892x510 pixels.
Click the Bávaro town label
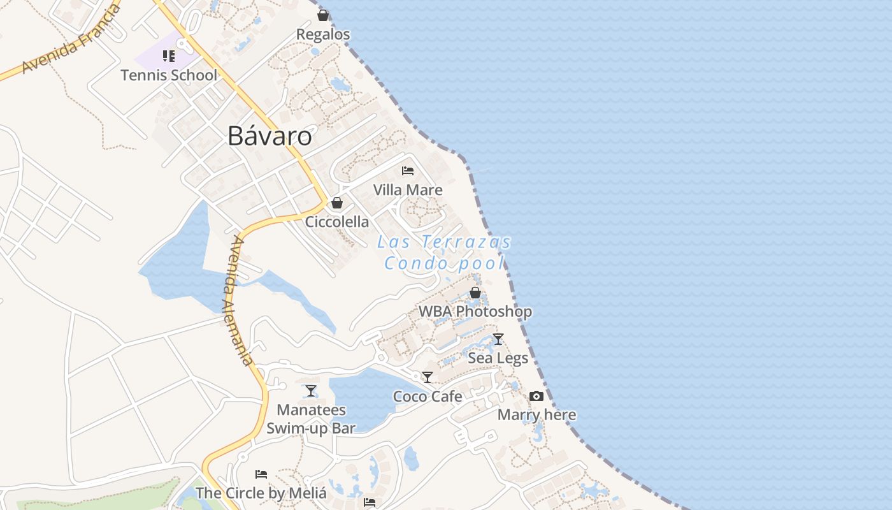[x=270, y=136]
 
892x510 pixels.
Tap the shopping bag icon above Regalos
[x=323, y=15]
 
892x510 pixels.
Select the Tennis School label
[x=169, y=75]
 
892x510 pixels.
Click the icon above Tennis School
[x=169, y=56]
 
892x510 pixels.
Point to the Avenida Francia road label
[x=71, y=40]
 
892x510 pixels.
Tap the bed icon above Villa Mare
[x=408, y=171]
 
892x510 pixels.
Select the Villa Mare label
[x=408, y=190]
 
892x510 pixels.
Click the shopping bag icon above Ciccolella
[x=337, y=203]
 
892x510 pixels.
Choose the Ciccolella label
[x=337, y=222]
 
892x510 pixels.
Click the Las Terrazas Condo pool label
[x=445, y=252]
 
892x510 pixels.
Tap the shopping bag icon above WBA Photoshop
[x=475, y=293]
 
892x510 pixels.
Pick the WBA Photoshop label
[x=475, y=312]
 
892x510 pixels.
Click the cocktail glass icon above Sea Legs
[x=498, y=339]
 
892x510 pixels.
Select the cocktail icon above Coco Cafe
[x=428, y=377]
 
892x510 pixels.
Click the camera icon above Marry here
[x=536, y=397]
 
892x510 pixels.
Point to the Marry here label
[x=536, y=415]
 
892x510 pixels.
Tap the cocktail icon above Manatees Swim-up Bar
[x=311, y=391]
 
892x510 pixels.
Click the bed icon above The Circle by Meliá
[x=261, y=474]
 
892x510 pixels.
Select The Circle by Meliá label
[x=261, y=493]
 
